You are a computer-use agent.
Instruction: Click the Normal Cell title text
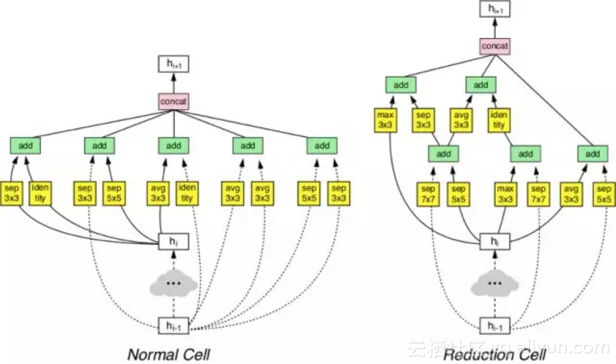tap(168, 354)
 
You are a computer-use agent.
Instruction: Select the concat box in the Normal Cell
tap(174, 101)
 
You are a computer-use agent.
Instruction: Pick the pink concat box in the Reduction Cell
tap(495, 47)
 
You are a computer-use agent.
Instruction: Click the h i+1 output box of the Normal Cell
tap(174, 64)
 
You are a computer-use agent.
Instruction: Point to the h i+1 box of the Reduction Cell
tap(495, 9)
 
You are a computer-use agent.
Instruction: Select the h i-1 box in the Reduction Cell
tap(495, 326)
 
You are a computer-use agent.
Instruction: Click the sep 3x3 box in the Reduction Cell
tap(423, 120)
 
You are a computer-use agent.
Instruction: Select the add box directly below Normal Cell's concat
tap(174, 146)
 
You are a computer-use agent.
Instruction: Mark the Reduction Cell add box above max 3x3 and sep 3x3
tap(401, 84)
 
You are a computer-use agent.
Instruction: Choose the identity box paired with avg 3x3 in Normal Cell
tap(187, 193)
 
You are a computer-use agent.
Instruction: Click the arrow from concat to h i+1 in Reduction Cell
tap(495, 28)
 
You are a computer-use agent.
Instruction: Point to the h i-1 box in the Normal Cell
tap(174, 326)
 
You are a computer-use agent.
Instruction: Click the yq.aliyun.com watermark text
tap(549, 347)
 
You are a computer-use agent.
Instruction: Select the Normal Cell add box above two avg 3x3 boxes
tap(248, 146)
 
